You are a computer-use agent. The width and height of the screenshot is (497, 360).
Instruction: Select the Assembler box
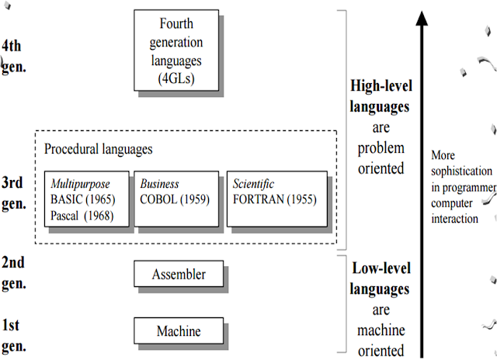[179, 274]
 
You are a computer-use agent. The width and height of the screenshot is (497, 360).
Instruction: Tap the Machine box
[179, 331]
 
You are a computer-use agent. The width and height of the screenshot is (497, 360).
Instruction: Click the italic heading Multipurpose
[80, 184]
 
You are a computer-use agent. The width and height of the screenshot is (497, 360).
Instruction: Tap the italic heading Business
[159, 184]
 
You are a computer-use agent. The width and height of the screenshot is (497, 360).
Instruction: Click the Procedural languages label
[98, 148]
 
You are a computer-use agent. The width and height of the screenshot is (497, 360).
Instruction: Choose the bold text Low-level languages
[381, 279]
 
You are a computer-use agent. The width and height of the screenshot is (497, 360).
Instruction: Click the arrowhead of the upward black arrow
[421, 17]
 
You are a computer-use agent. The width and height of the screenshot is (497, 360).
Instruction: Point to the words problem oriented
[381, 157]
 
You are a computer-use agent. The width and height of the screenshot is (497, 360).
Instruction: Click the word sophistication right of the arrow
[461, 170]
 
